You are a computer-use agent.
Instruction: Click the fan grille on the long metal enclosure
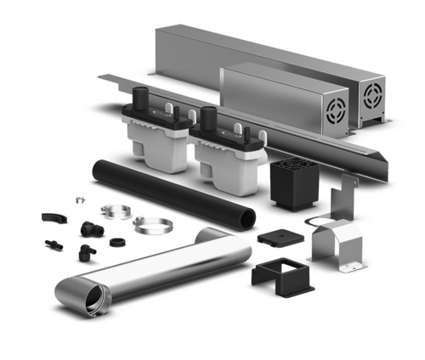(x=374, y=94)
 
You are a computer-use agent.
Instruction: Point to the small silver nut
(x=78, y=201)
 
